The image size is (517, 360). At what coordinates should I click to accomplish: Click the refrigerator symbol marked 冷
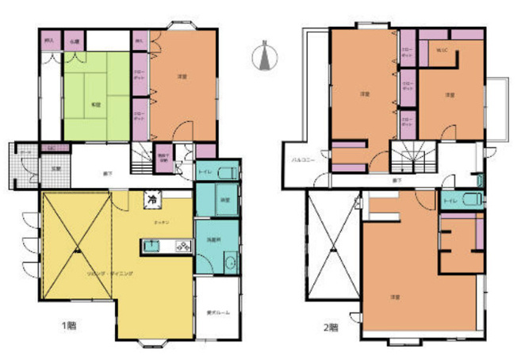[x=149, y=201]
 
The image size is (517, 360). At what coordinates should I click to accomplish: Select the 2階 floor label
[x=331, y=326]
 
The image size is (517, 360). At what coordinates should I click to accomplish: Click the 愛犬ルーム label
[x=218, y=313]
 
